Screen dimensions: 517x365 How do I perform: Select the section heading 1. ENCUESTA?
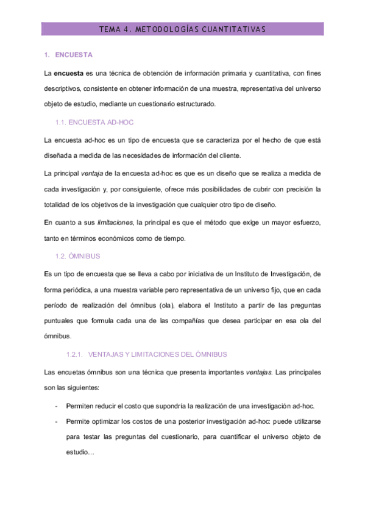[x=69, y=55]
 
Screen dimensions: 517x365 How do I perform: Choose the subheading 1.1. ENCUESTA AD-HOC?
[x=94, y=123]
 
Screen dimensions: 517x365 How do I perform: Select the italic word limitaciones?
[x=117, y=222]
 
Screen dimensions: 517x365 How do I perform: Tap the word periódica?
[x=74, y=290]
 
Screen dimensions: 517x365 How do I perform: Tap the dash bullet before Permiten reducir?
[x=57, y=405]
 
